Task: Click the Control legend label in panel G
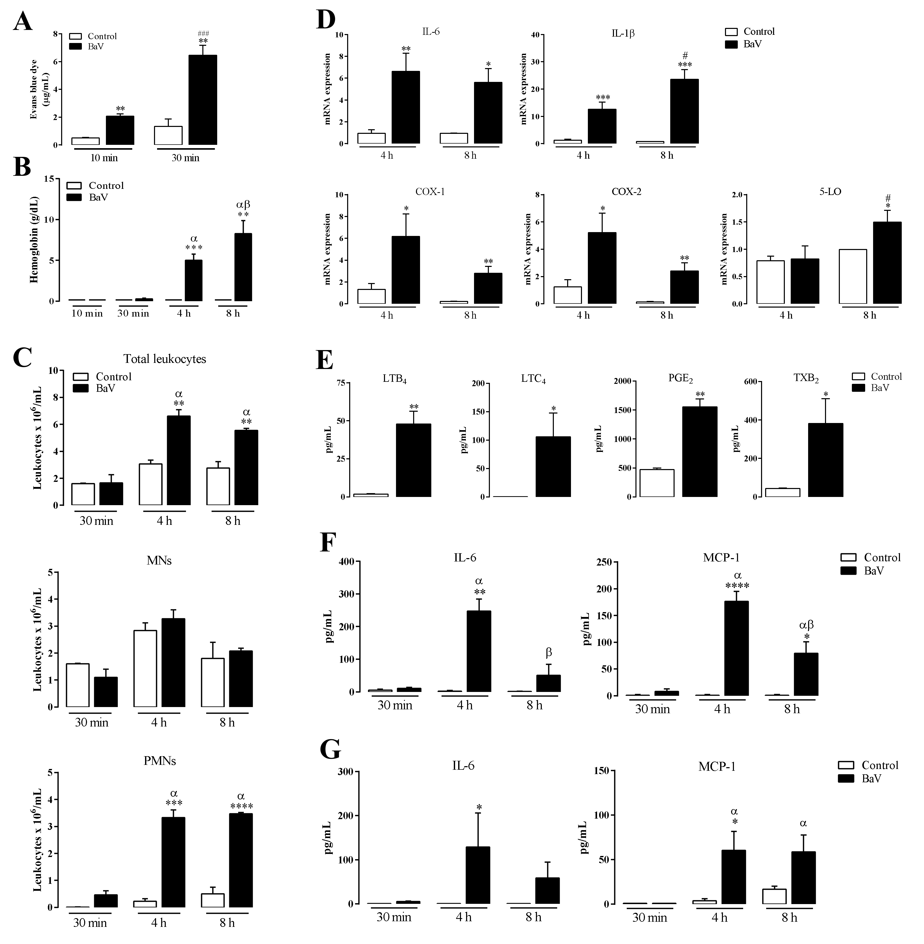point(880,765)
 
